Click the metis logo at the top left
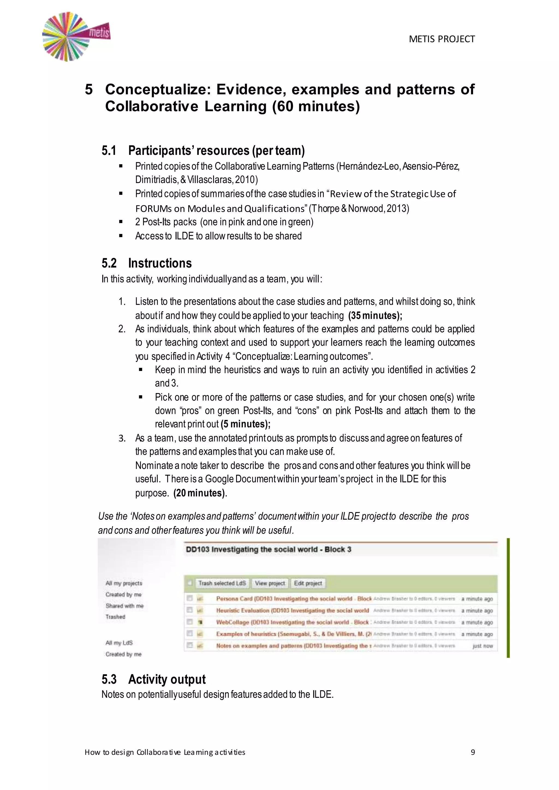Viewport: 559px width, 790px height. point(76,37)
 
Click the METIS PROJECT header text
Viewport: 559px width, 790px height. point(442,39)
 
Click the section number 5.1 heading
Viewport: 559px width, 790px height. point(109,151)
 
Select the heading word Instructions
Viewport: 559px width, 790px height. point(160,263)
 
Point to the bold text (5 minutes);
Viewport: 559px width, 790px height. point(245,424)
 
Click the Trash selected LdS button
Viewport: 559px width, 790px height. point(222,583)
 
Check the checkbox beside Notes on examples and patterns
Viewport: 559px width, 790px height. point(189,645)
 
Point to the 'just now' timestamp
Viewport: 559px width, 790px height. point(483,646)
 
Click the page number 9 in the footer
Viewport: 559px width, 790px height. point(472,752)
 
